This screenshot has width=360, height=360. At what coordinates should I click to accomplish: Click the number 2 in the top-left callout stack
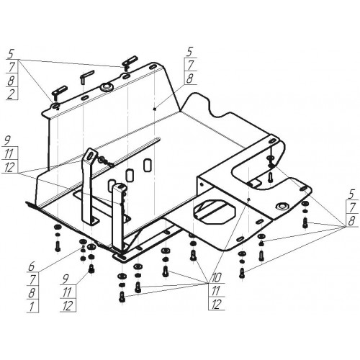(x=12, y=94)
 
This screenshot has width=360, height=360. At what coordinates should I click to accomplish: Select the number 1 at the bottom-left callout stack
(x=32, y=307)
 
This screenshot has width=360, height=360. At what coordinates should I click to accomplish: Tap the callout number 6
(x=32, y=266)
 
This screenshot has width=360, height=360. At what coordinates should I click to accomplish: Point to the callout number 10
(x=216, y=278)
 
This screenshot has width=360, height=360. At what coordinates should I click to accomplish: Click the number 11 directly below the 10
(x=216, y=291)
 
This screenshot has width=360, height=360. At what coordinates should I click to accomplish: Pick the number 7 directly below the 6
(x=32, y=280)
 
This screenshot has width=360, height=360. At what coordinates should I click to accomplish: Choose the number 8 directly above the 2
(x=12, y=81)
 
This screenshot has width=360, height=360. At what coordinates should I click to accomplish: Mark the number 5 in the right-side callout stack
(x=351, y=194)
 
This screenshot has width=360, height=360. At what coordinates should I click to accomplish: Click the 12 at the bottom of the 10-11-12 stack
(x=216, y=305)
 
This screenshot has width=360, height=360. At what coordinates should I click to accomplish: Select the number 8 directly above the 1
(x=32, y=293)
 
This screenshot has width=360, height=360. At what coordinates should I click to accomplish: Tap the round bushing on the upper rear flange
(x=106, y=87)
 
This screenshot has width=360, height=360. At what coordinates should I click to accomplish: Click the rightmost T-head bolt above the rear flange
(x=130, y=62)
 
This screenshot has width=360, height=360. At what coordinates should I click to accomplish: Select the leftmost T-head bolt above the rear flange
(x=59, y=92)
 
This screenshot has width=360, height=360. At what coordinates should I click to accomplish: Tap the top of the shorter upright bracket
(x=120, y=186)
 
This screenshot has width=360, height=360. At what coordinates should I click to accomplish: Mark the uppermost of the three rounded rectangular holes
(x=147, y=165)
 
